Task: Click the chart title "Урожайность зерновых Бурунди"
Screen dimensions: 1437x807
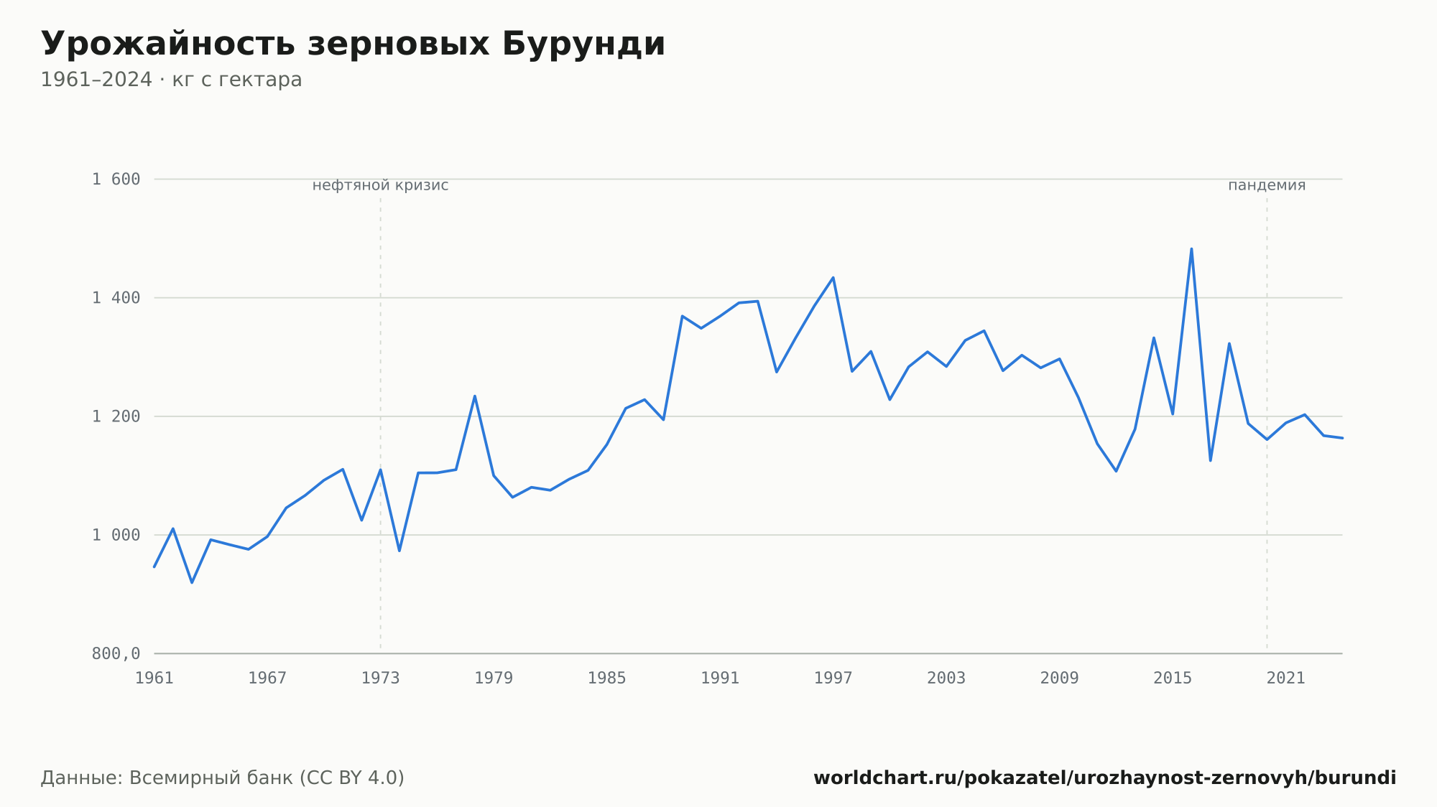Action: pyautogui.click(x=353, y=45)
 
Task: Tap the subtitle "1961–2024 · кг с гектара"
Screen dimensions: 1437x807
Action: pyautogui.click(x=171, y=80)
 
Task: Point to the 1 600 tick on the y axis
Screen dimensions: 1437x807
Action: pyautogui.click(x=116, y=179)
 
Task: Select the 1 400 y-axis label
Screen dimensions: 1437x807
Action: pyautogui.click(x=116, y=298)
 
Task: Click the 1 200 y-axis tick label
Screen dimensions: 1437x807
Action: pyautogui.click(x=116, y=416)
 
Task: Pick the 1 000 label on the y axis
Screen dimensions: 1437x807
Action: pyautogui.click(x=116, y=535)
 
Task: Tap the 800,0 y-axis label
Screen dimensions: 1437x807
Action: pyautogui.click(x=116, y=654)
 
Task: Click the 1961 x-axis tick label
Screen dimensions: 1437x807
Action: pyautogui.click(x=154, y=678)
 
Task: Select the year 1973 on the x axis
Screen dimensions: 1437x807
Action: pyautogui.click(x=381, y=678)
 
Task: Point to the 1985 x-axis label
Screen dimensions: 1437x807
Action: pyautogui.click(x=607, y=678)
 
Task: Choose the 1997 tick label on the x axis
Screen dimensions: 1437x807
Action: pyautogui.click(x=833, y=678)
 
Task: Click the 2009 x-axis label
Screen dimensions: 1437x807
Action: pyautogui.click(x=1060, y=678)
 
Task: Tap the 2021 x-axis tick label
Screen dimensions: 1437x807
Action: pyautogui.click(x=1286, y=678)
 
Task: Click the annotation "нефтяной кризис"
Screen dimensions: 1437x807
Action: pyautogui.click(x=380, y=186)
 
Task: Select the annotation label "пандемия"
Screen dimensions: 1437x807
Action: pyautogui.click(x=1267, y=186)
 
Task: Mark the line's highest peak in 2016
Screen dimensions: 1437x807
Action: pyautogui.click(x=1191, y=249)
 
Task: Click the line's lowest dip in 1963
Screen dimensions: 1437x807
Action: pyautogui.click(x=192, y=582)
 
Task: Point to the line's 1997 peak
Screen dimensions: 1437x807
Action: pyautogui.click(x=833, y=277)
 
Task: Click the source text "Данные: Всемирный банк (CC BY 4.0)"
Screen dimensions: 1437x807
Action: pyautogui.click(x=222, y=778)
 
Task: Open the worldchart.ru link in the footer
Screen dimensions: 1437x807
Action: pyautogui.click(x=1104, y=778)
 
